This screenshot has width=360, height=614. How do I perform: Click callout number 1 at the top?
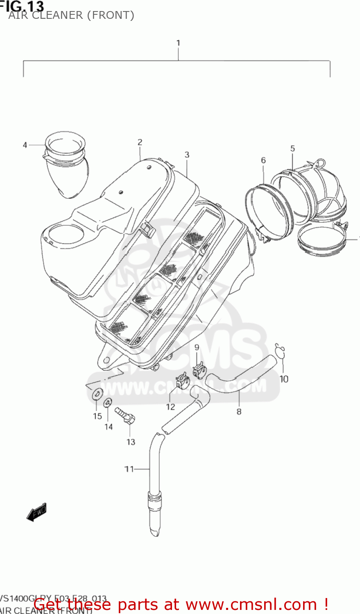click(178, 43)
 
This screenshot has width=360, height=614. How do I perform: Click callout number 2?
click(140, 142)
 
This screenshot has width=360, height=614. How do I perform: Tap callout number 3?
click(187, 155)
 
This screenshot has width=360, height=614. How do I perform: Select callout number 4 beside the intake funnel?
click(25, 145)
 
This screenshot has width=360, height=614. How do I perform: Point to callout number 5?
click(292, 149)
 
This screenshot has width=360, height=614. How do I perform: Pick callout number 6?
click(263, 160)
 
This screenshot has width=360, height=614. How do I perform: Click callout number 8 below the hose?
click(239, 412)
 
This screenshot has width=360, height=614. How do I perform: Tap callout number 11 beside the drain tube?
click(129, 469)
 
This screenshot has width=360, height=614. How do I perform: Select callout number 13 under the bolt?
click(131, 442)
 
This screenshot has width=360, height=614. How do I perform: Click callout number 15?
click(97, 416)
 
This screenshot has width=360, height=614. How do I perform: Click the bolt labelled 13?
click(125, 415)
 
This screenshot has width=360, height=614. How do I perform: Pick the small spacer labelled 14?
click(108, 402)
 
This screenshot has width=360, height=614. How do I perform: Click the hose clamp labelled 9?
click(199, 371)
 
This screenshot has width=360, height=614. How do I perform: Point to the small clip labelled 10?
click(280, 350)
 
